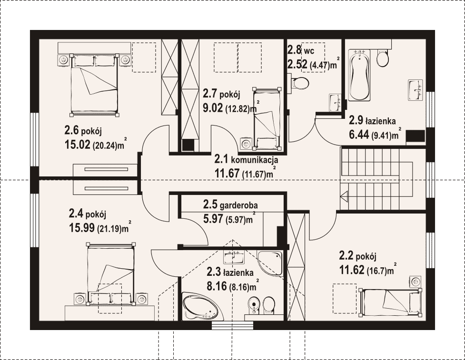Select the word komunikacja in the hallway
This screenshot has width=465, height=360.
254,160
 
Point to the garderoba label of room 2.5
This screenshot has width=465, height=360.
238,205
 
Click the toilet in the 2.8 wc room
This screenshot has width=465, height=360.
300,82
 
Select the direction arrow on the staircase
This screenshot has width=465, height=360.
344,196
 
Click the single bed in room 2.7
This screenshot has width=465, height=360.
267,117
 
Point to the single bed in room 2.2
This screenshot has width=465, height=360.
390,302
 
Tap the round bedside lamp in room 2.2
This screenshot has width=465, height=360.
416,281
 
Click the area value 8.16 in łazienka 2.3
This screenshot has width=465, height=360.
217,286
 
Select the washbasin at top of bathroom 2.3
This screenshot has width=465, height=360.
234,257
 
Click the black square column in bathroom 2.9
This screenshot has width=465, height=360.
415,136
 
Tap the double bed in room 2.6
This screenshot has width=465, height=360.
94,85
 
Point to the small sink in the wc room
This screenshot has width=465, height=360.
335,103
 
